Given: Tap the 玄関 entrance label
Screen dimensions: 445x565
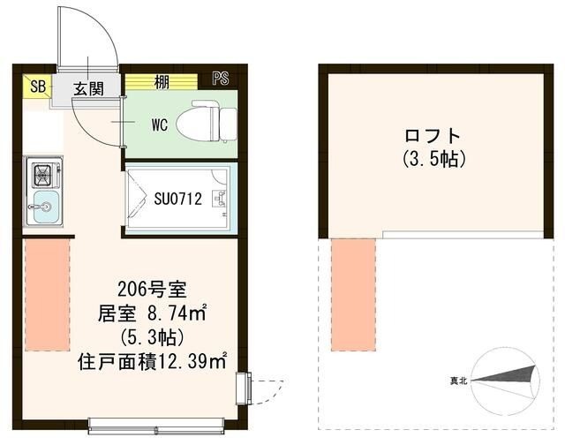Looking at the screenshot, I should (88, 87).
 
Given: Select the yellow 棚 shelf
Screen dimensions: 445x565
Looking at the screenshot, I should (161, 81).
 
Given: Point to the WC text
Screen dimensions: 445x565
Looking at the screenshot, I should (160, 124).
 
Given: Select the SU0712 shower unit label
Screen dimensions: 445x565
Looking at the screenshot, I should (181, 200).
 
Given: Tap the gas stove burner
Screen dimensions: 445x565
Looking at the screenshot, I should (42, 175).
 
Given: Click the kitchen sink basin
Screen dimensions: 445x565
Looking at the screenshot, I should (42, 211).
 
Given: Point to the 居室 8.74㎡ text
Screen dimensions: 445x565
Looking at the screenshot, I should (151, 312).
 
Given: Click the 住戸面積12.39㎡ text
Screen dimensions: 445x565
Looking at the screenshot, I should (153, 361).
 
